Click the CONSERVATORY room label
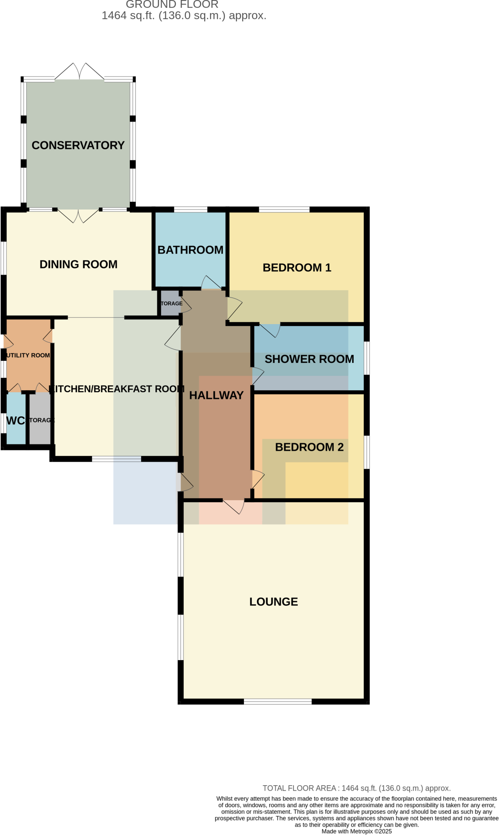coord(78,145)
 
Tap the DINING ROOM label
coord(78,264)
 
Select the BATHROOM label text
coord(190,250)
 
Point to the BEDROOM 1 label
coord(297,267)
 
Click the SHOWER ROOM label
coord(309,359)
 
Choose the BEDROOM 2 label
coord(309,447)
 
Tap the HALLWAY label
coord(216,395)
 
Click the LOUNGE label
coord(273,602)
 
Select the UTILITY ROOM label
coord(28,355)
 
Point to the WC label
coord(16,420)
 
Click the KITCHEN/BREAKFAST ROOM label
coord(116,389)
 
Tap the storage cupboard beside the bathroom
coord(170,303)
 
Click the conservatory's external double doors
coord(79,73)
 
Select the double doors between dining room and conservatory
coord(78,216)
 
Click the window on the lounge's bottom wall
coord(277,701)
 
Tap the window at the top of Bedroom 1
coord(284,210)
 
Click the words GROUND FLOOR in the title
coord(172,5)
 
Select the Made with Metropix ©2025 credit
coord(356,831)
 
